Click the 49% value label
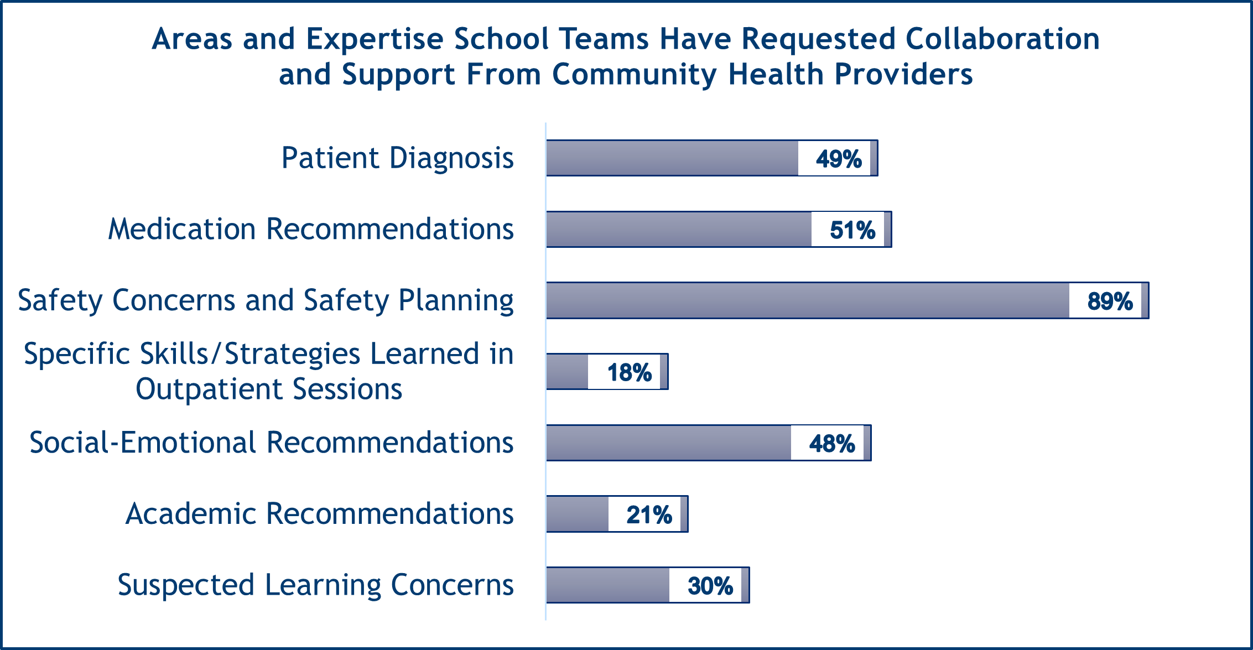point(838,159)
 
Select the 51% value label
point(852,230)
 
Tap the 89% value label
point(1109,301)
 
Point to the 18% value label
point(629,372)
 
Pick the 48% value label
point(831,444)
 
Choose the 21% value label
point(649,515)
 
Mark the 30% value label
point(710,586)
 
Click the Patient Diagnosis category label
point(397,158)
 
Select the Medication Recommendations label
point(311,229)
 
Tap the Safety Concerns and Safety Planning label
point(266,300)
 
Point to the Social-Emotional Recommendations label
point(271,443)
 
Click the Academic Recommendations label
point(319,514)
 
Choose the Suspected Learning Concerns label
point(315,585)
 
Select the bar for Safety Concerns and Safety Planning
point(808,300)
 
